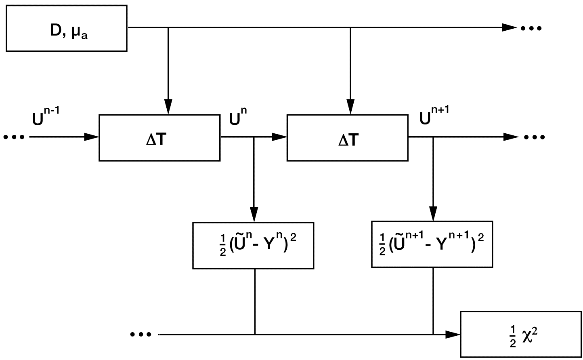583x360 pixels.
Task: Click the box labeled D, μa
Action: click(67, 28)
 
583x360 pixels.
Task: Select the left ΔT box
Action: click(159, 138)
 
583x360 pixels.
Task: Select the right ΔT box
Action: click(347, 138)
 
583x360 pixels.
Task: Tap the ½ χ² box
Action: click(521, 334)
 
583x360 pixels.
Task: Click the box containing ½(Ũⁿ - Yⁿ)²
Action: click(253, 245)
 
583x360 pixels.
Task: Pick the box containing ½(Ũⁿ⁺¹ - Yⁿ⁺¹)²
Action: click(432, 244)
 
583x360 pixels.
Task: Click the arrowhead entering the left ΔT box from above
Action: click(168, 107)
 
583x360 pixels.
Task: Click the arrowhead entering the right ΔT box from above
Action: click(350, 107)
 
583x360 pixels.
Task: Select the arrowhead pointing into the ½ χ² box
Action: click(453, 334)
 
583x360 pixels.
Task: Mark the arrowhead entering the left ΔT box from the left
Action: click(92, 137)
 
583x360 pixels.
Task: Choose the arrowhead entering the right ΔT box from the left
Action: click(279, 137)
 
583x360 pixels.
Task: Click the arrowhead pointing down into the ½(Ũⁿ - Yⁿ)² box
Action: click(254, 215)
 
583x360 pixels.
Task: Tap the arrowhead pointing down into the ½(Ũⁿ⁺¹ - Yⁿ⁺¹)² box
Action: click(433, 214)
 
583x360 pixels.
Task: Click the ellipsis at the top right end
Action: click(531, 28)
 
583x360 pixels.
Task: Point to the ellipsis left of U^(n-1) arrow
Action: click(14, 137)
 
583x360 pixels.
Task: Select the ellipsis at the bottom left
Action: click(141, 335)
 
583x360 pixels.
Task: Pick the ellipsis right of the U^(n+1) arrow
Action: click(534, 137)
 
